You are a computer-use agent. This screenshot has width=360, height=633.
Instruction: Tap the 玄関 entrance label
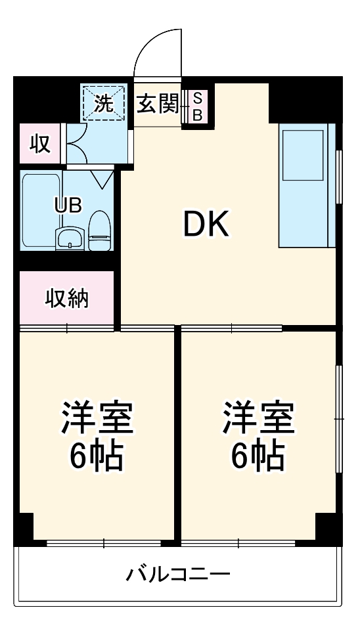coord(158,102)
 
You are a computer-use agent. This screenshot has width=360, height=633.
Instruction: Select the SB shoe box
coord(196,105)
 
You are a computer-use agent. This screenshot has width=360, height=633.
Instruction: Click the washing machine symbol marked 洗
coord(103,102)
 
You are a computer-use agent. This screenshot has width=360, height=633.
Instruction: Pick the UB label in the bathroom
coord(68,204)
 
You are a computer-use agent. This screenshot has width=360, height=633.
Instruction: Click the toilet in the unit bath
coord(99,230)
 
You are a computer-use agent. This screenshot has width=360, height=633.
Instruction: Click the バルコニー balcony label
coord(178,576)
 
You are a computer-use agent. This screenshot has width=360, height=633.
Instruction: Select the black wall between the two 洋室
coord(177,433)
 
